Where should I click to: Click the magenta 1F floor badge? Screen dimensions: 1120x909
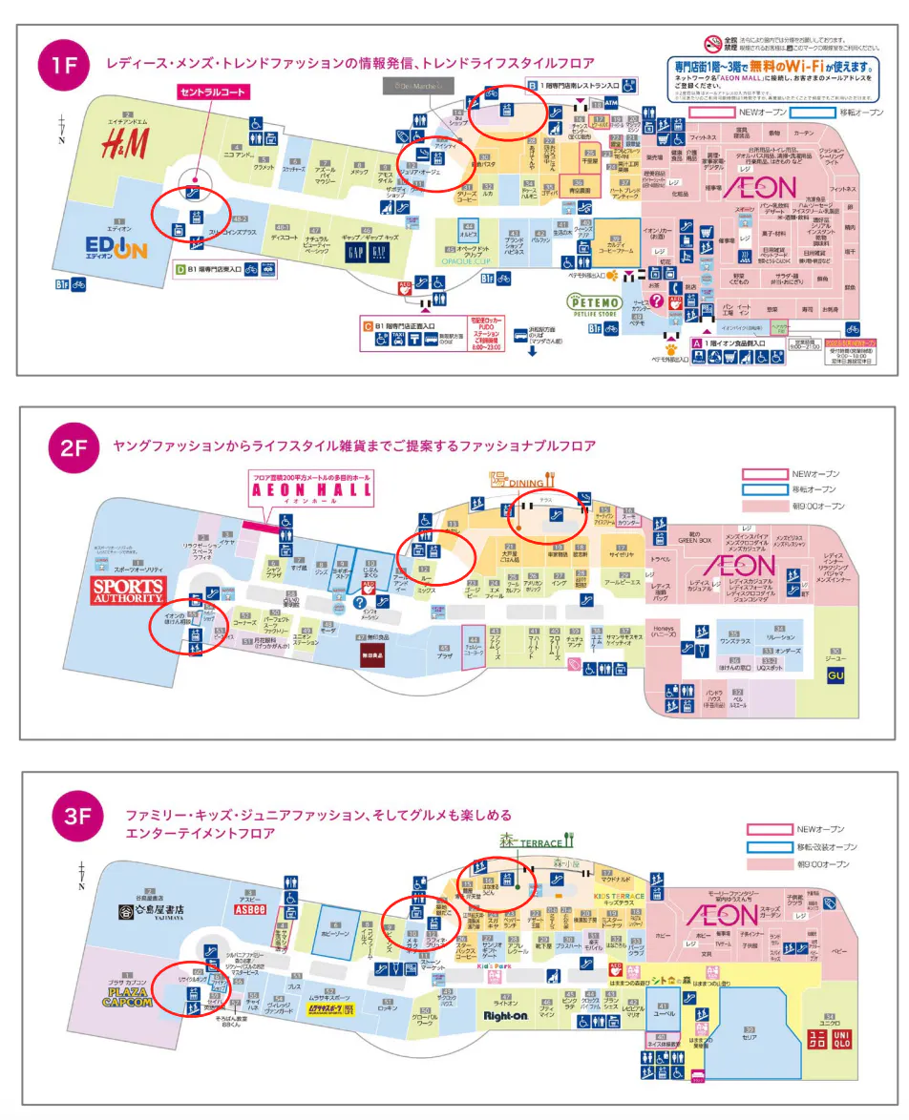[63, 66]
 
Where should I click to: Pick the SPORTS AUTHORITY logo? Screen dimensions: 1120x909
[128, 589]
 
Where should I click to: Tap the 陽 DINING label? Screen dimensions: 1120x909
[517, 482]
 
